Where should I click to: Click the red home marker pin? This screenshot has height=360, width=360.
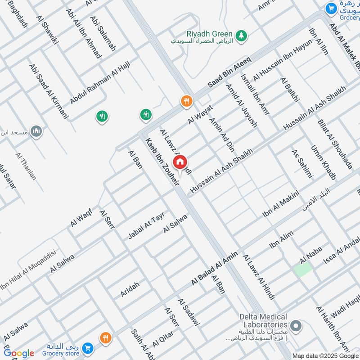pos(180,162)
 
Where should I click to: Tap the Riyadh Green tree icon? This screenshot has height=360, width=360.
pos(242,35)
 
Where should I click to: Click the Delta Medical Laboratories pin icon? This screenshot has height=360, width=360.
pos(296,325)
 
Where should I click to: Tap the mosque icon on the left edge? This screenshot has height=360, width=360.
pos(36,132)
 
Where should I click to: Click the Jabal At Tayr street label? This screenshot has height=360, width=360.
pos(146,225)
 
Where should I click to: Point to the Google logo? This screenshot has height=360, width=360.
pos(18,353)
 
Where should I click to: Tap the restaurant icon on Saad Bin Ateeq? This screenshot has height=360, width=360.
pos(186,101)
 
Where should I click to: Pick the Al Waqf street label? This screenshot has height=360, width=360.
pos(81,217)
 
